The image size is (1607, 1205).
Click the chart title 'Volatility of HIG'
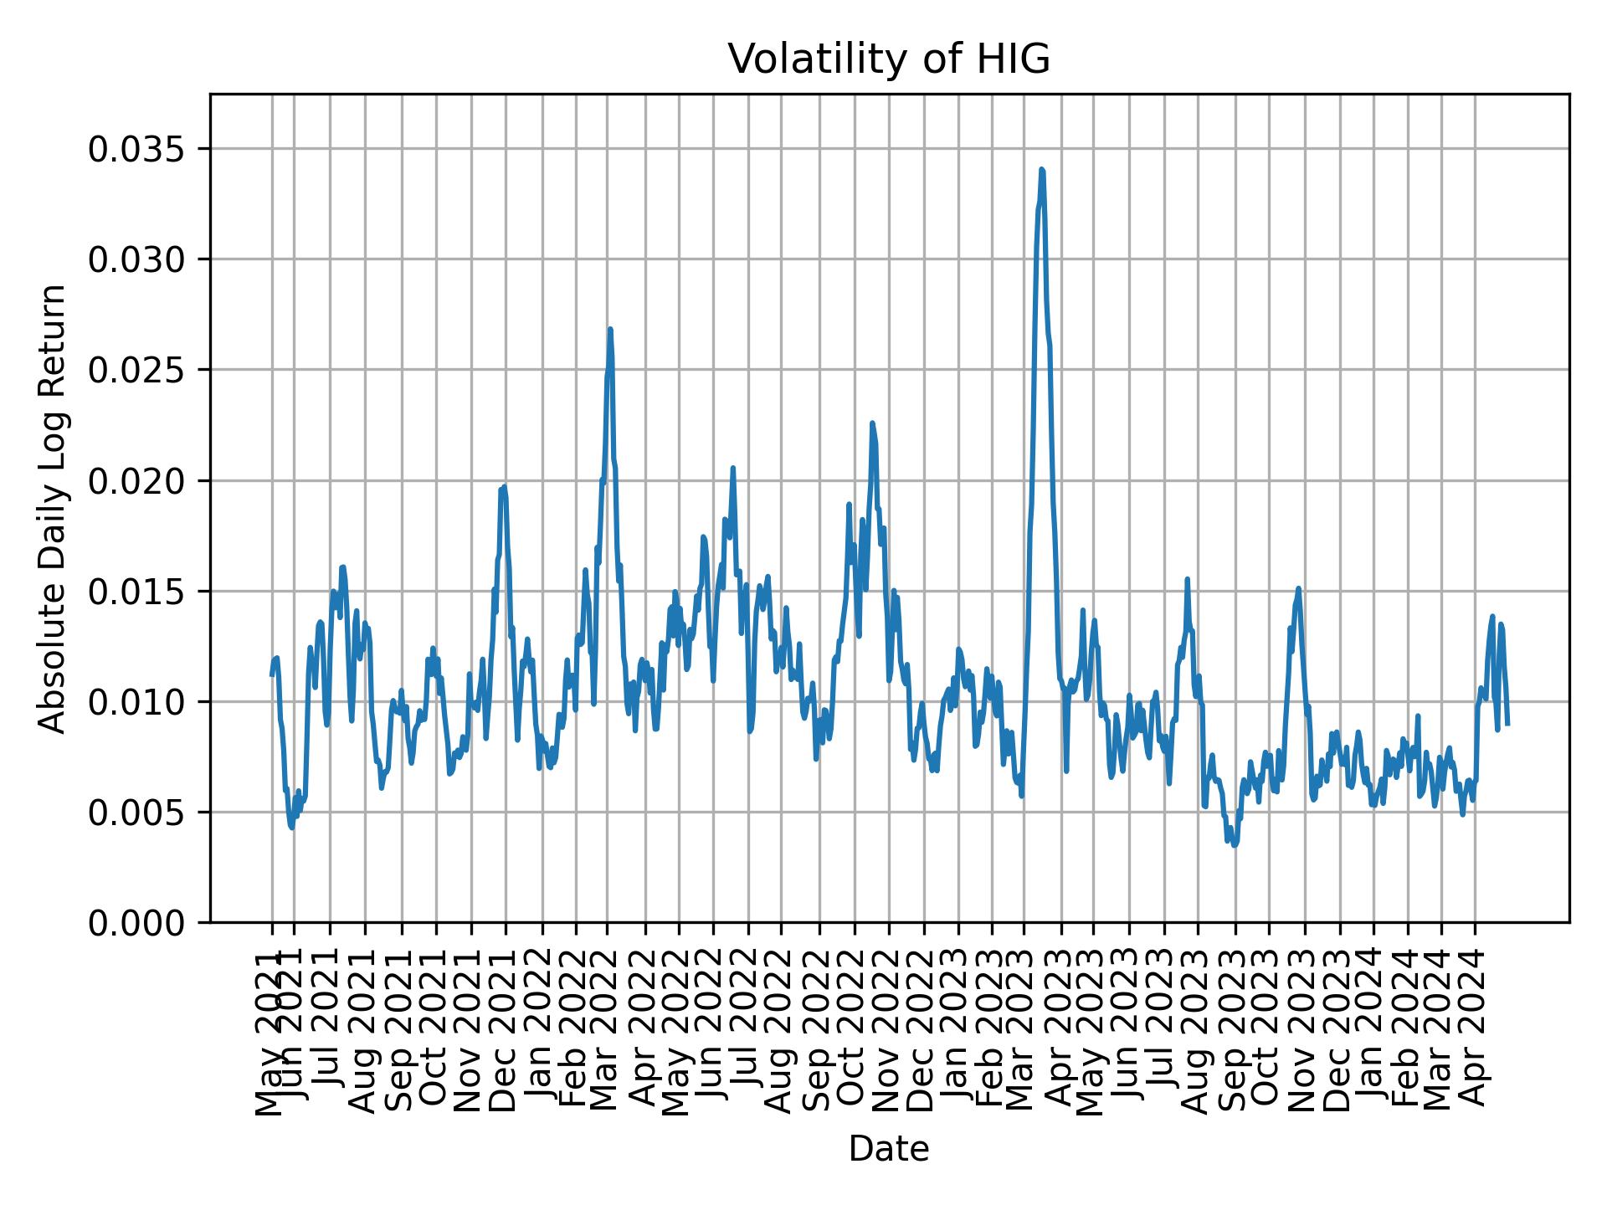[888, 60]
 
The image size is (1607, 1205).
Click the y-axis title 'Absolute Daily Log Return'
[54, 508]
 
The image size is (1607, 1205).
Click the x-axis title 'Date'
[888, 1150]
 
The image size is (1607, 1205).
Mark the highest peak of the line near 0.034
[1041, 170]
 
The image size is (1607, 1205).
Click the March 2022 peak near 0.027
[610, 330]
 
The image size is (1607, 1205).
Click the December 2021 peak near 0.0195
[504, 487]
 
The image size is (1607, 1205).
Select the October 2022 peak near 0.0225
[872, 423]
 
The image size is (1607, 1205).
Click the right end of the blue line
[1507, 723]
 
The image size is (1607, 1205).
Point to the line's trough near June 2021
[291, 828]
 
